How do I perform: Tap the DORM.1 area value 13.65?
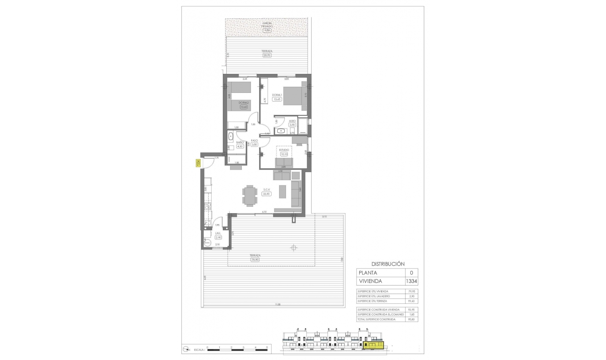277,99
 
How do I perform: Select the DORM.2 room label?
243,103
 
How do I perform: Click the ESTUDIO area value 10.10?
284,154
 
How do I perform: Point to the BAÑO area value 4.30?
240,146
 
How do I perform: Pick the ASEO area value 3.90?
292,125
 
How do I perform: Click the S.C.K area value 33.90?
266,194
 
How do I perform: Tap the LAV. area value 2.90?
218,237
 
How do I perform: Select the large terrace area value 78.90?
255,260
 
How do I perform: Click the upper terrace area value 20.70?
267,55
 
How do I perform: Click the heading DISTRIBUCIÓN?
388,264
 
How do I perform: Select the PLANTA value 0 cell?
411,273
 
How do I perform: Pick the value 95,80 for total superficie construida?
411,319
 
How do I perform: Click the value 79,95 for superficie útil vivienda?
411,291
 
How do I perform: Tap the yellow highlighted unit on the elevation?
373,345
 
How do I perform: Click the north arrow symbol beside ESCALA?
187,349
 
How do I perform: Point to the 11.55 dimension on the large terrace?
277,304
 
